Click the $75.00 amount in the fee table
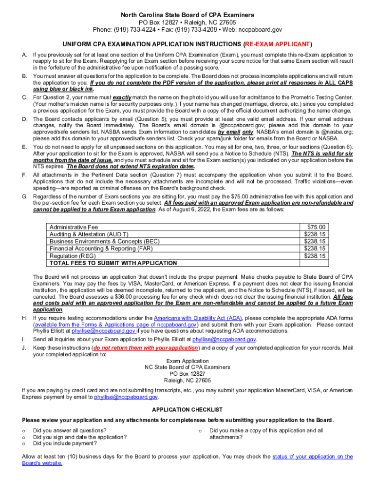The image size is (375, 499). [317, 227]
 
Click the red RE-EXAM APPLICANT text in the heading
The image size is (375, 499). [276, 44]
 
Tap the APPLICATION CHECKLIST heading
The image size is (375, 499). [187, 409]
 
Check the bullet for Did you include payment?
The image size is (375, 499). [24, 443]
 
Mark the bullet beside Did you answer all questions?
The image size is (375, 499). [24, 431]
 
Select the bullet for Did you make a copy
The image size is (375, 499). [200, 431]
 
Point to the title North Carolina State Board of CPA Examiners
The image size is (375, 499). [187, 15]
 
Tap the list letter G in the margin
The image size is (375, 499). [24, 196]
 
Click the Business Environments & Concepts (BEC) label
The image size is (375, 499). [97, 241]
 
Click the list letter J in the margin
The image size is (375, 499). [24, 348]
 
